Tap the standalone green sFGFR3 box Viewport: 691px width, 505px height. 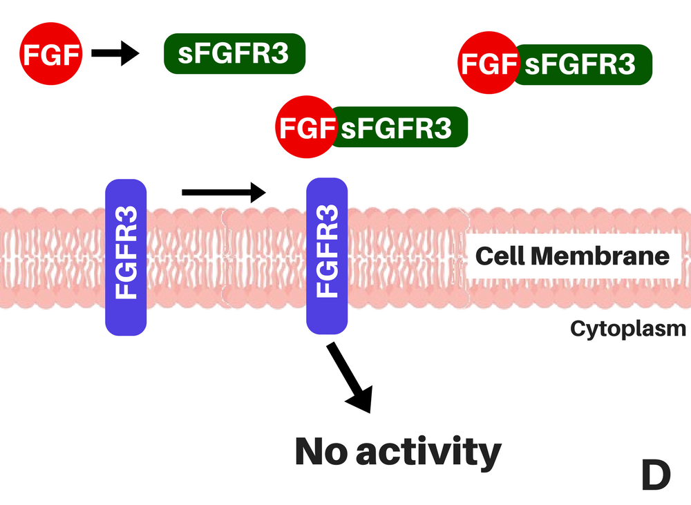pos(234,54)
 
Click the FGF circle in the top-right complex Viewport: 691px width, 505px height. pos(487,65)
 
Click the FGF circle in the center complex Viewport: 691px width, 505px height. pos(305,128)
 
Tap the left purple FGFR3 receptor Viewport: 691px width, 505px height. pos(126,258)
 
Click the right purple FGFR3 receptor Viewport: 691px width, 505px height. pos(327,258)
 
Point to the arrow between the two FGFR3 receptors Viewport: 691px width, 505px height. pos(223,191)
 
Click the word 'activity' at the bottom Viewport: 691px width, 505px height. pos(430,452)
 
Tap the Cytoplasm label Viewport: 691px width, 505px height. pos(627,328)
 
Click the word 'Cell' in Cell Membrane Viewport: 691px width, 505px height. pos(500,256)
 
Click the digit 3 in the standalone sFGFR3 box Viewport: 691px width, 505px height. pos(280,54)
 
